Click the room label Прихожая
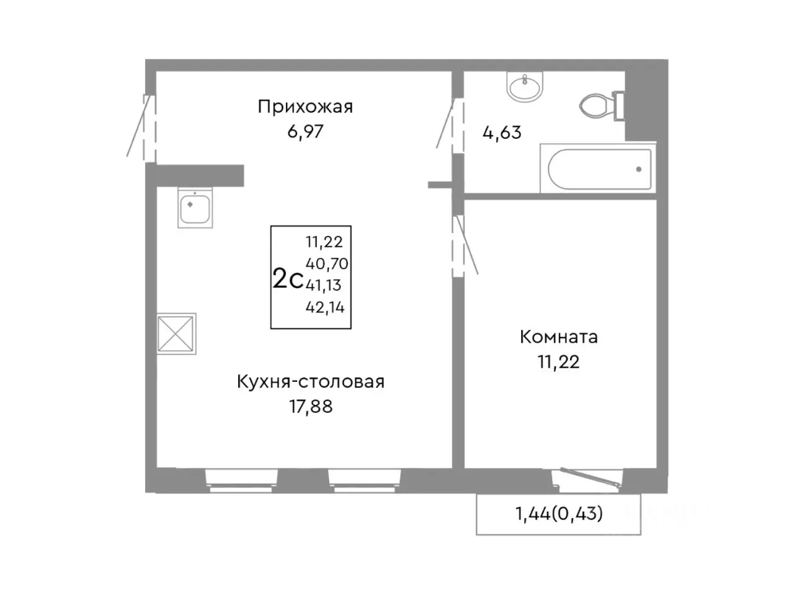pos(305,107)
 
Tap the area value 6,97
pos(305,131)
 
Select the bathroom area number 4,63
pos(502,133)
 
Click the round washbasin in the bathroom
pos(525,86)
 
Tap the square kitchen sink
pos(195,207)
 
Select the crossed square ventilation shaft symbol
pos(176,334)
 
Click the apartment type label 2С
pos(288,280)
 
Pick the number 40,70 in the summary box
pos(326,264)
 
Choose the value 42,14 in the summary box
pos(324,307)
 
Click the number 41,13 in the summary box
pos(323,285)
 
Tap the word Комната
pos(558,337)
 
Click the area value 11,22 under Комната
pos(558,362)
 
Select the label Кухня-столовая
pos(310,382)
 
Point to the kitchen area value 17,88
pos(310,407)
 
